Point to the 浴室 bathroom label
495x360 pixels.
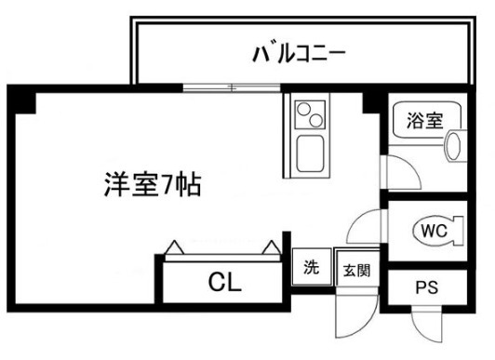pyautogui.click(x=423, y=119)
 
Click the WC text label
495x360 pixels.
pyautogui.click(x=433, y=231)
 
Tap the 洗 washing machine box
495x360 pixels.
pyautogui.click(x=312, y=267)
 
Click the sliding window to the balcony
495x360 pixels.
pyautogui.click(x=232, y=88)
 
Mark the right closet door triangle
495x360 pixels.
pyautogui.click(x=271, y=248)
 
